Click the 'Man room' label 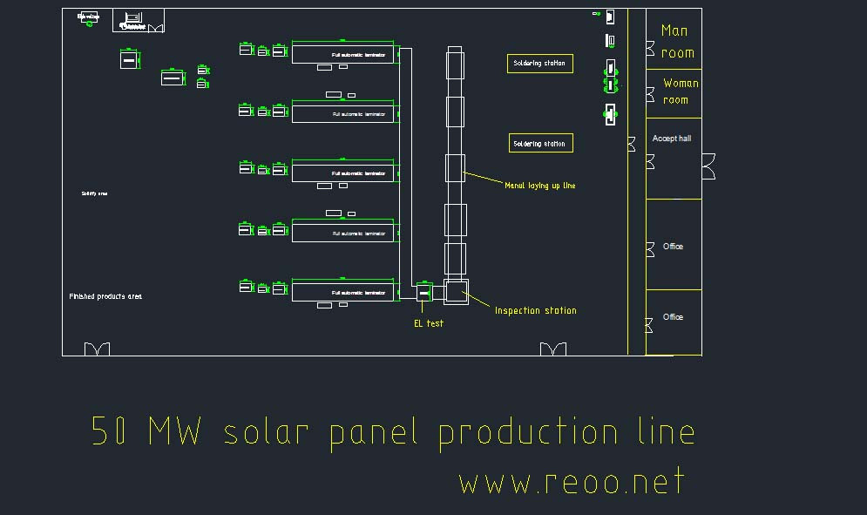point(677,41)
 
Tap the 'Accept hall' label point(671,139)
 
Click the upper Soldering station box point(539,64)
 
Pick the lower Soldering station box point(540,144)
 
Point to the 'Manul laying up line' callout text point(539,186)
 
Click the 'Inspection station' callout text point(535,310)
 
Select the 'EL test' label point(428,323)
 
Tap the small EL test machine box point(424,292)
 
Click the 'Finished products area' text point(105,296)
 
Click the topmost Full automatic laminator point(342,54)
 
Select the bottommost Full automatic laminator point(342,292)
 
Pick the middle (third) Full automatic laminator point(342,173)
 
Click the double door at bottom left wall point(97,349)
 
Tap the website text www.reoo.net point(572,482)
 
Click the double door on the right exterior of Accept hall point(708,166)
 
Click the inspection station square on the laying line point(456,292)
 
